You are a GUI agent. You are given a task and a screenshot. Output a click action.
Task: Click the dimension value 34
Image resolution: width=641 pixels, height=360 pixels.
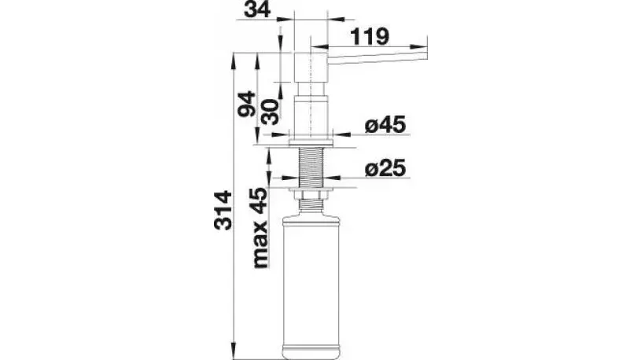tap(256, 11)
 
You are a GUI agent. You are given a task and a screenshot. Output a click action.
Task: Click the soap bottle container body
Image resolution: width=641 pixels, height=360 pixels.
tap(312, 275)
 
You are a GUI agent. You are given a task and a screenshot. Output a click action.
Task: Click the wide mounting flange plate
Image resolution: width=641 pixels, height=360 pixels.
tap(312, 142)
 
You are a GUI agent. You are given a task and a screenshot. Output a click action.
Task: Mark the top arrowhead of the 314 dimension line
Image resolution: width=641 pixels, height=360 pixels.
tap(234, 57)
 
